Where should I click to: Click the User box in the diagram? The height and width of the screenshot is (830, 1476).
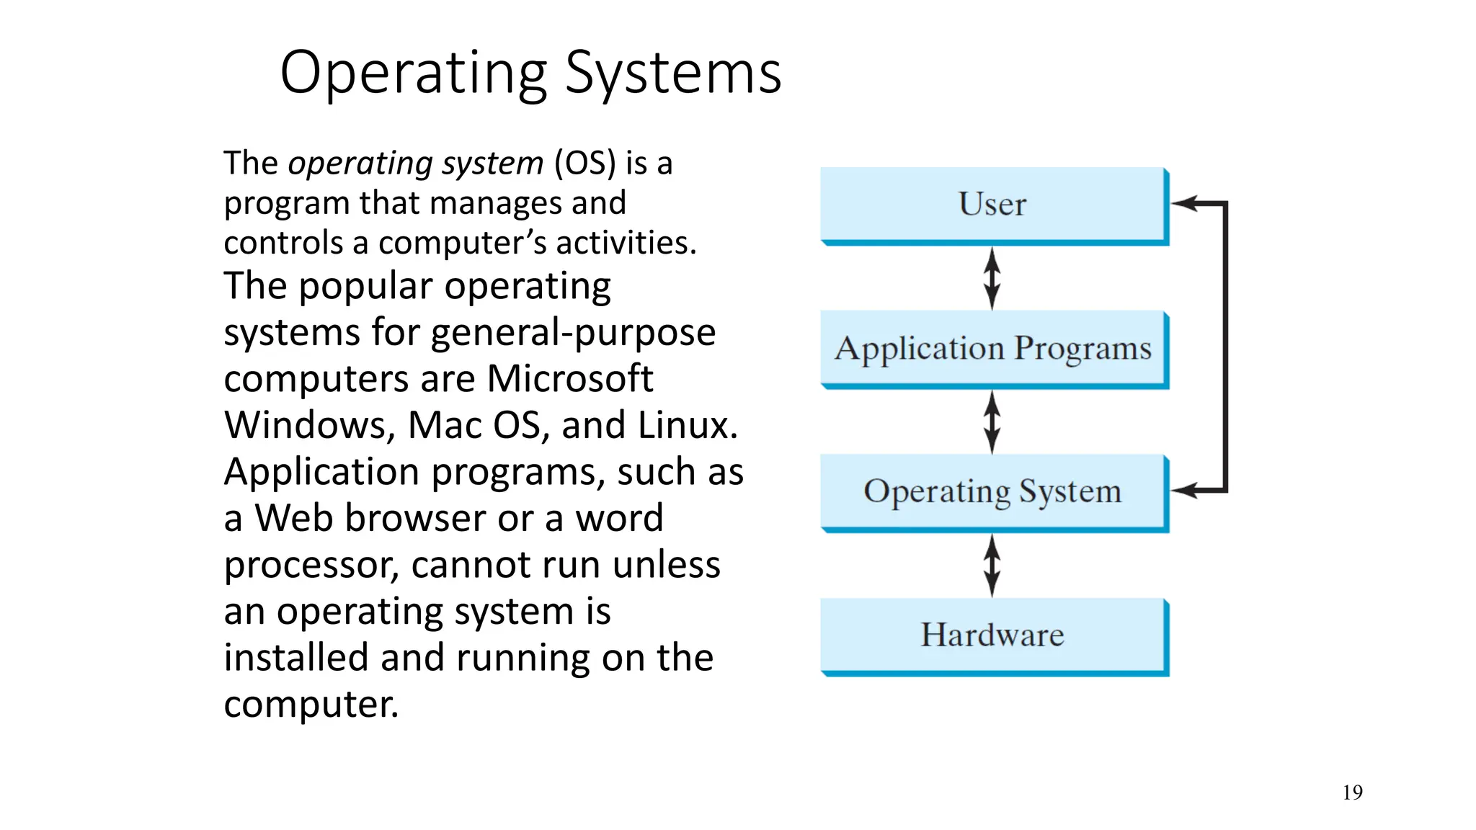pyautogui.click(x=992, y=205)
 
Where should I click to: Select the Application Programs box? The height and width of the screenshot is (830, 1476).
pyautogui.click(x=992, y=349)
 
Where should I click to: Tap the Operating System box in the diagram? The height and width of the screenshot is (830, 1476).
pyautogui.click(x=992, y=492)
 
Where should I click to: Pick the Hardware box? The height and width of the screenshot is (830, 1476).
pyautogui.click(x=992, y=635)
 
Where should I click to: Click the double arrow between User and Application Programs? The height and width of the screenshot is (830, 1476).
pyautogui.click(x=992, y=279)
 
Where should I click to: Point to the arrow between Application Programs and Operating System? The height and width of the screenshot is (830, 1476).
pyautogui.click(x=992, y=422)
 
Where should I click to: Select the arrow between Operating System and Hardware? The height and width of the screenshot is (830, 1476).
pyautogui.click(x=992, y=566)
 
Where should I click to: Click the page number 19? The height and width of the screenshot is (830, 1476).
pyautogui.click(x=1352, y=793)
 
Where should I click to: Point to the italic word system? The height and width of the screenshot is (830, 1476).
pyautogui.click(x=492, y=164)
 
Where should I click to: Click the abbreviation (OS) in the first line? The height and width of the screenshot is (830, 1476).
pyautogui.click(x=585, y=164)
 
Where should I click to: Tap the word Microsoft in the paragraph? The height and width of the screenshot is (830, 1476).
pyautogui.click(x=569, y=379)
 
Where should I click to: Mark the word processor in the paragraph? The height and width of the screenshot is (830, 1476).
pyautogui.click(x=311, y=566)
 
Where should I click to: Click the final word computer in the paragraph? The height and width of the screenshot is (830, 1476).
pyautogui.click(x=310, y=705)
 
